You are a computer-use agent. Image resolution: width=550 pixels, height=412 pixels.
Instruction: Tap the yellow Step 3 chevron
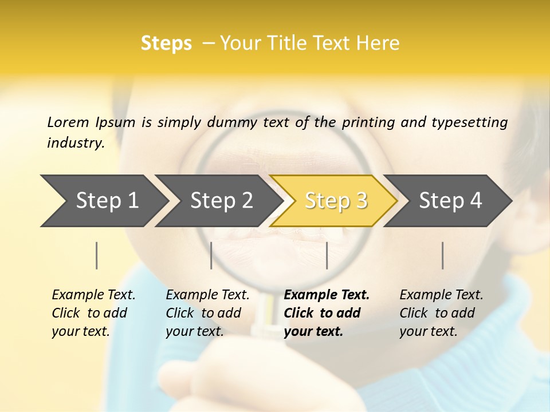pyautogui.click(x=336, y=201)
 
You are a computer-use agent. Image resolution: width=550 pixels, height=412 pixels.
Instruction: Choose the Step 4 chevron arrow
pyautogui.click(x=450, y=201)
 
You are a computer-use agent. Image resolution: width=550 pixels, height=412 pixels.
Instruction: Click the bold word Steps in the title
pyautogui.click(x=166, y=43)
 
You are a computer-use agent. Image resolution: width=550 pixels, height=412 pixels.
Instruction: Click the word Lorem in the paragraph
pyautogui.click(x=68, y=122)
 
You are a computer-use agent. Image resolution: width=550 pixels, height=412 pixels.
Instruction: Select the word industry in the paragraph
pyautogui.click(x=74, y=143)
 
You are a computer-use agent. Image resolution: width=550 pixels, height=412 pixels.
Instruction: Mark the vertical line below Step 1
pyautogui.click(x=97, y=255)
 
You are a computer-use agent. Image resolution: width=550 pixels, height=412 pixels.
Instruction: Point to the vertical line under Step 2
pyautogui.click(x=211, y=255)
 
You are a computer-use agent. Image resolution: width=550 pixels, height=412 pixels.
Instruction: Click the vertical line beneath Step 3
pyautogui.click(x=327, y=255)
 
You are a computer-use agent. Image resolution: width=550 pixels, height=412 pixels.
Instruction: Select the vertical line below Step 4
pyautogui.click(x=443, y=255)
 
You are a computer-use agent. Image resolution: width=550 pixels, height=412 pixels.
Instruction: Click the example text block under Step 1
pyautogui.click(x=93, y=313)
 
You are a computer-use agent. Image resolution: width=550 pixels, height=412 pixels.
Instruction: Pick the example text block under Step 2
pyautogui.click(x=207, y=313)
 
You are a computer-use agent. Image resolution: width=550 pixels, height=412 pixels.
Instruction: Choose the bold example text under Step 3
pyautogui.click(x=327, y=313)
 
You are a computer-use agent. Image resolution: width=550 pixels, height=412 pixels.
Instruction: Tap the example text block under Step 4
pyautogui.click(x=441, y=313)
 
